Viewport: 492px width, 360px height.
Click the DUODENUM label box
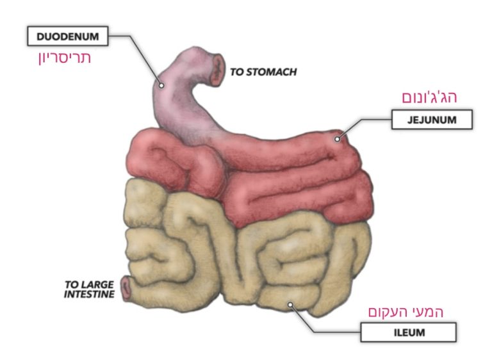(67, 36)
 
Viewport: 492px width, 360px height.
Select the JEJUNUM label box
(432, 120)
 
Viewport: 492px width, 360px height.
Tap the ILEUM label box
(408, 332)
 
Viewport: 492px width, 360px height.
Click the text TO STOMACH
(263, 72)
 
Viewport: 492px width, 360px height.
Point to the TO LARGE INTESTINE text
(89, 289)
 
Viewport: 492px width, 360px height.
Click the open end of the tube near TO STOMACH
(219, 70)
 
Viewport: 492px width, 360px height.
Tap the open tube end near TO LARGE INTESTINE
(127, 290)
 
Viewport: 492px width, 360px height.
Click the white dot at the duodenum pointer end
(163, 84)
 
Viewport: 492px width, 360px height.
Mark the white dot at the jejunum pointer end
(338, 136)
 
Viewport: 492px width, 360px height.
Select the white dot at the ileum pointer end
(290, 305)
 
